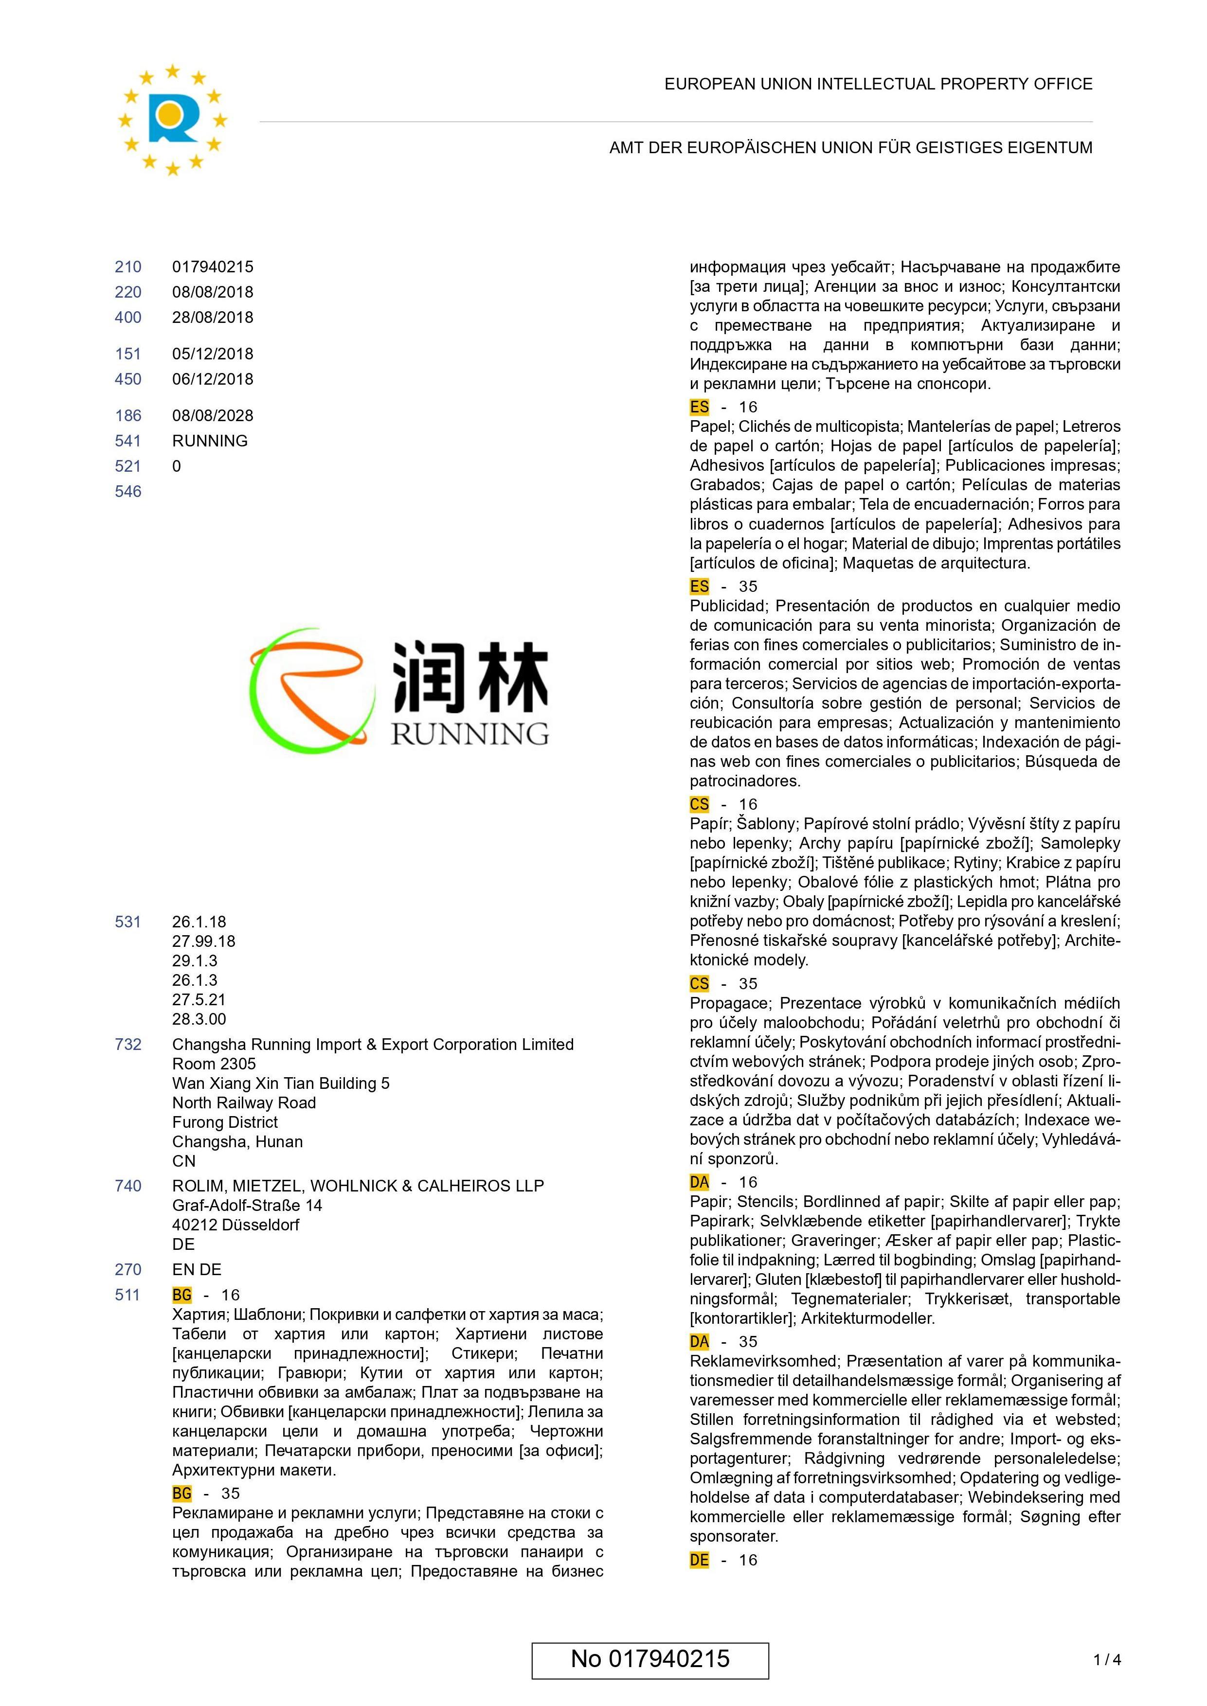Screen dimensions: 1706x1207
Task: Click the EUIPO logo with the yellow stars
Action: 172,119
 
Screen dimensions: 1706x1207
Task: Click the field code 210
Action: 128,267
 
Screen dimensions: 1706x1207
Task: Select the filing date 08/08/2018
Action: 213,292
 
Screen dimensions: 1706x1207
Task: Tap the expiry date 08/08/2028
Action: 213,415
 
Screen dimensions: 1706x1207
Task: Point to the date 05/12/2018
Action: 213,354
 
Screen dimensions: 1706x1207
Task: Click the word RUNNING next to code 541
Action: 210,441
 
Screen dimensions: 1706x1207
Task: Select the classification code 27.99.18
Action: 204,941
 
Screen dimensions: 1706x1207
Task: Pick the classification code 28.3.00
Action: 199,1019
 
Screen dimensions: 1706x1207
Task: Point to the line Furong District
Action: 225,1122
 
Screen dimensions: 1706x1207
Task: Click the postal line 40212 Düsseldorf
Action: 235,1225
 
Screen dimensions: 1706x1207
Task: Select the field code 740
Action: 128,1186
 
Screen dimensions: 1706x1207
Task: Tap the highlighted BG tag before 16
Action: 182,1295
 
